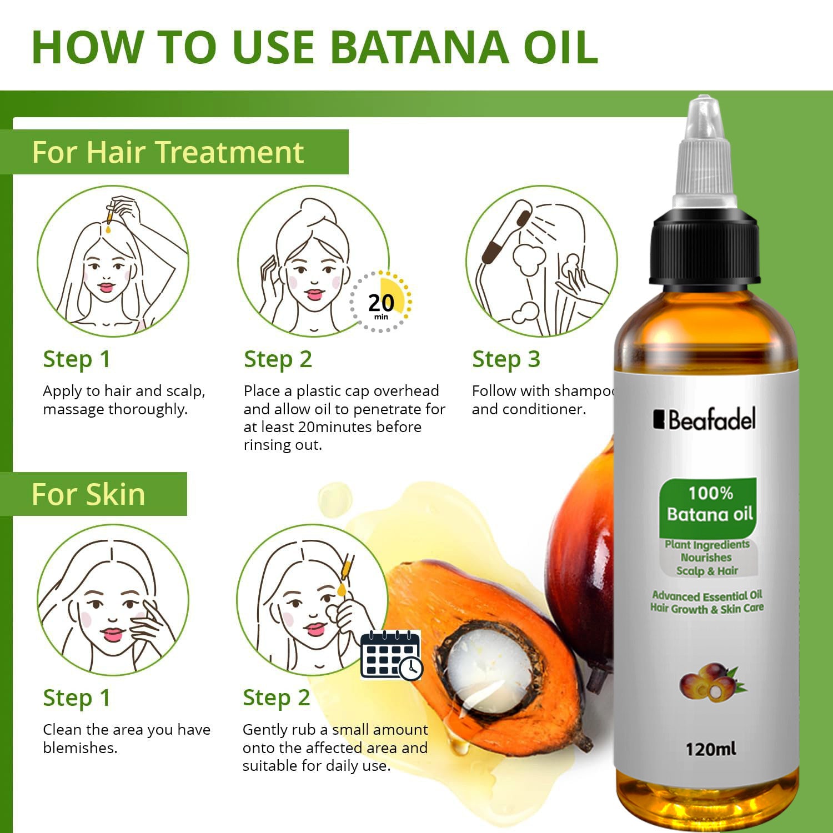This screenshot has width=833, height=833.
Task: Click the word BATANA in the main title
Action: [419, 47]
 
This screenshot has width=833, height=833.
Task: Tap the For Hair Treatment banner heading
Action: [168, 152]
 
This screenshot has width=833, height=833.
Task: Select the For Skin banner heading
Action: [88, 494]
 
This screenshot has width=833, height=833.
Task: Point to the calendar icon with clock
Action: [391, 655]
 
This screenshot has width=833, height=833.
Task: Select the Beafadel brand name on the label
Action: [705, 420]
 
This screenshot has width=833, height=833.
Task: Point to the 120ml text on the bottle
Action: [710, 749]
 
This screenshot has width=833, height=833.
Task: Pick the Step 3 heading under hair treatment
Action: [506, 359]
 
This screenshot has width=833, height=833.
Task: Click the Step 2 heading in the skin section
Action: [276, 698]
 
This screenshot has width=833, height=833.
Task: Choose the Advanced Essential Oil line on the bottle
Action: [706, 596]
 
